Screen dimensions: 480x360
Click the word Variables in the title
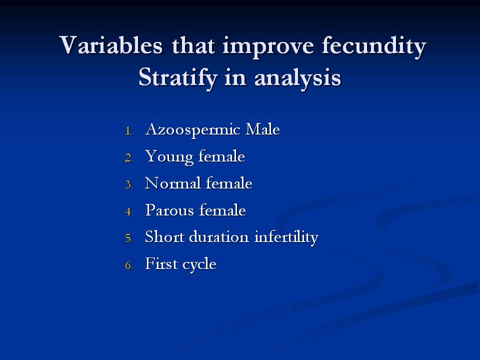[x=111, y=45]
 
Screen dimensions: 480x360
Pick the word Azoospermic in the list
[x=192, y=130]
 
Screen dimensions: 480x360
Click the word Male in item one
[x=262, y=129]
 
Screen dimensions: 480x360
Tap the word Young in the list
[x=169, y=157]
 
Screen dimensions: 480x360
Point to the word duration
[x=219, y=236]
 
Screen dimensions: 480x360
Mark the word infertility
[x=286, y=237]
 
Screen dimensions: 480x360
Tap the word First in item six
[x=161, y=263]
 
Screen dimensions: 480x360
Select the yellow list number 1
[x=129, y=131]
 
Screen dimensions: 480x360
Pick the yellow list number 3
[x=129, y=185]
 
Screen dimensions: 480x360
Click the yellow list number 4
[x=129, y=212]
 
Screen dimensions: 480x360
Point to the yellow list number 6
[x=129, y=265]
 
